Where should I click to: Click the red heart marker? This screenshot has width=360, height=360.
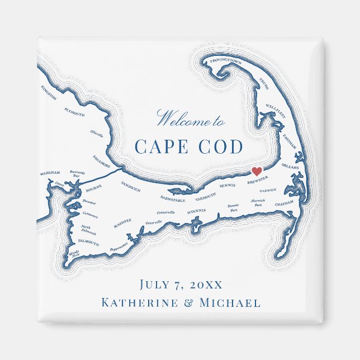257,172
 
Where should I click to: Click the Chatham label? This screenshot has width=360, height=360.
284,205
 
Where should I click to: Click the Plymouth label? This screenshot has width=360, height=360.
74,112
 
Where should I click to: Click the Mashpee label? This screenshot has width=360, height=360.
122,222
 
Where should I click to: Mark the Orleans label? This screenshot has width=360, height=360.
291,166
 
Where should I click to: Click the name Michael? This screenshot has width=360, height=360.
230,303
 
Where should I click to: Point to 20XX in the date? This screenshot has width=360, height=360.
206,285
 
